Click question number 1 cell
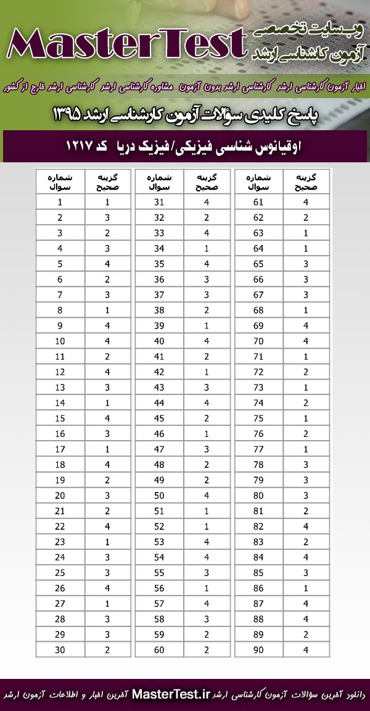[x=60, y=202]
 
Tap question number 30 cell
[x=60, y=649]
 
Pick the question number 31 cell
[x=159, y=202]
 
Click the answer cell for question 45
[x=207, y=418]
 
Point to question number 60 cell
[x=159, y=649]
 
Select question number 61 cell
[x=258, y=202]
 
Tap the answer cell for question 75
[x=306, y=418]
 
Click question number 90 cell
[x=258, y=649]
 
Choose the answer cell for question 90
[x=306, y=649]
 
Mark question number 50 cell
[x=159, y=495]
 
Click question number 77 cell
[x=258, y=449]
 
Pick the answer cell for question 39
[x=207, y=325]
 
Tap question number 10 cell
[x=60, y=341]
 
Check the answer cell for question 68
[x=306, y=310]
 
